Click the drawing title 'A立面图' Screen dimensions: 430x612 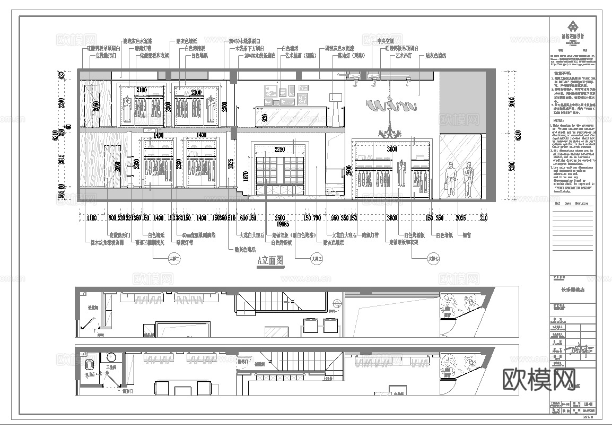[x=270, y=260]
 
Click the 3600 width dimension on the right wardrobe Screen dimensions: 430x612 [x=391, y=150]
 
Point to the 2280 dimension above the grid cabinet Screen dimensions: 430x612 [x=280, y=150]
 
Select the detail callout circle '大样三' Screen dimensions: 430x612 [x=317, y=259]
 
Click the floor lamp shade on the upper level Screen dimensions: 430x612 [x=335, y=96]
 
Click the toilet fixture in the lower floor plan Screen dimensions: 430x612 [x=89, y=364]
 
